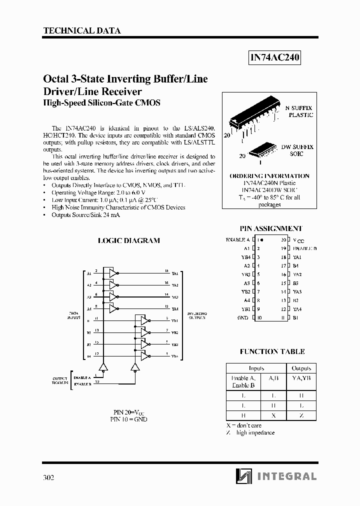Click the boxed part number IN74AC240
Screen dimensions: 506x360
[x=274, y=58]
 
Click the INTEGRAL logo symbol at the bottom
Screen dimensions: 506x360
[x=244, y=476]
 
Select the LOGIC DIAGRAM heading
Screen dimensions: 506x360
[x=128, y=240]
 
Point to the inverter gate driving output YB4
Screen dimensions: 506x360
[x=144, y=356]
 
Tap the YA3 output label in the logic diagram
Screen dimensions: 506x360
[x=175, y=297]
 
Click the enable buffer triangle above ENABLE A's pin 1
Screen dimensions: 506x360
[x=103, y=367]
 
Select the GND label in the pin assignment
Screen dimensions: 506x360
[x=243, y=317]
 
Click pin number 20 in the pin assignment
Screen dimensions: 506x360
[x=283, y=240]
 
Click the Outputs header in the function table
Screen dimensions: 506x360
[x=301, y=368]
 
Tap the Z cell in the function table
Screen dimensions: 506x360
[x=301, y=415]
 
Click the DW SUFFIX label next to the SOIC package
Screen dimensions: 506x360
[x=297, y=147]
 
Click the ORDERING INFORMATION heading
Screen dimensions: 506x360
[x=269, y=176]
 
